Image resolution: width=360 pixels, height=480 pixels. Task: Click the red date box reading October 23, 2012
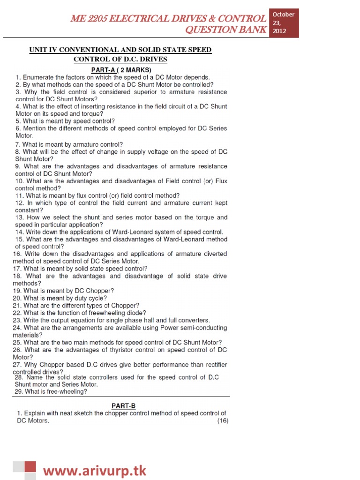pyautogui.click(x=284, y=23)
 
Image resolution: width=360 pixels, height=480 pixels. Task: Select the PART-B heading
pyautogui.click(x=123, y=405)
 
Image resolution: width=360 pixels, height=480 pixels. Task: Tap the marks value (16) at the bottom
pyautogui.click(x=222, y=420)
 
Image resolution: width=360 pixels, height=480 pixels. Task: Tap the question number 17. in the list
pyautogui.click(x=17, y=269)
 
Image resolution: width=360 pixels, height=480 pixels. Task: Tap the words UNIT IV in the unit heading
pyautogui.click(x=45, y=50)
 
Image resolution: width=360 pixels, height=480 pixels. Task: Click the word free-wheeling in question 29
pyautogui.click(x=69, y=392)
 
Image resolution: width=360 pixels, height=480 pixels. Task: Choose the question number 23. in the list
pyautogui.click(x=17, y=320)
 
